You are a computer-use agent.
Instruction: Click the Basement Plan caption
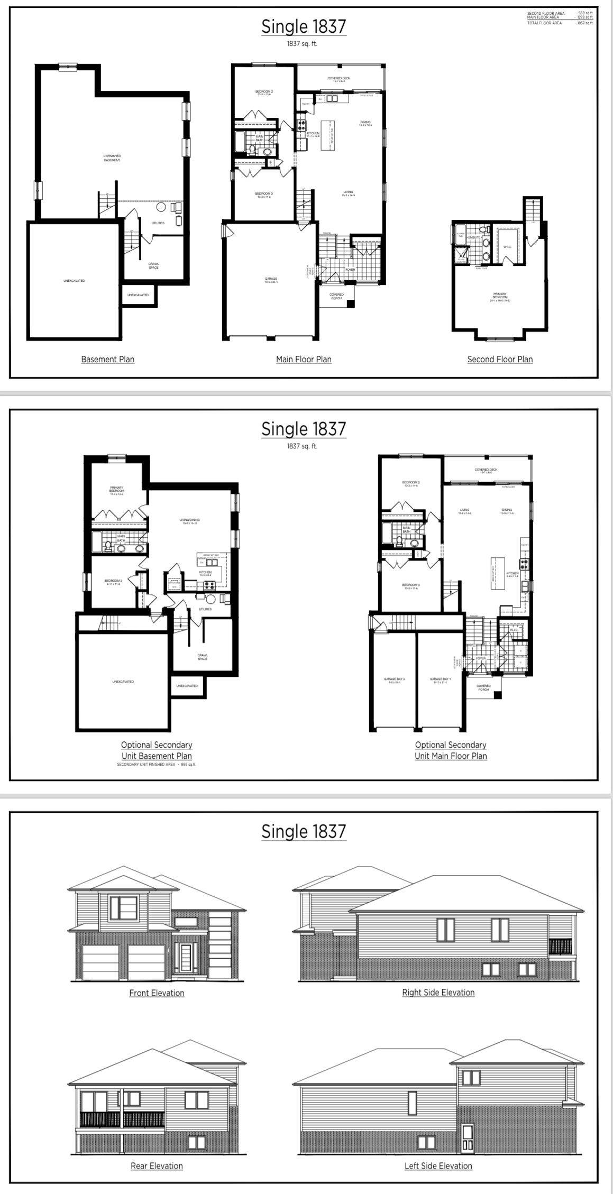coord(107,359)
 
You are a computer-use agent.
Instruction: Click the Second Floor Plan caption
coord(500,359)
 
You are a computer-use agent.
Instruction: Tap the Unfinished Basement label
coord(112,158)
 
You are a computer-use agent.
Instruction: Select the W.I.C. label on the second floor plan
coord(507,247)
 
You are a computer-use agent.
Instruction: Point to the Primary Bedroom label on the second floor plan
coord(500,297)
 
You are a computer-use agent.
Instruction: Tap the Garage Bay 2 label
coord(394,681)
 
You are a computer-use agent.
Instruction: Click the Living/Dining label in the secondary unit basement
coord(189,521)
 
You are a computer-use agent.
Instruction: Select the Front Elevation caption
coord(157,993)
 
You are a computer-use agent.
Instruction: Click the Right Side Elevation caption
coord(438,992)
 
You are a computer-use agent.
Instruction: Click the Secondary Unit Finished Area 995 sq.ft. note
coord(157,765)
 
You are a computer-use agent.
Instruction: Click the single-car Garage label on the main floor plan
coord(271,280)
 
